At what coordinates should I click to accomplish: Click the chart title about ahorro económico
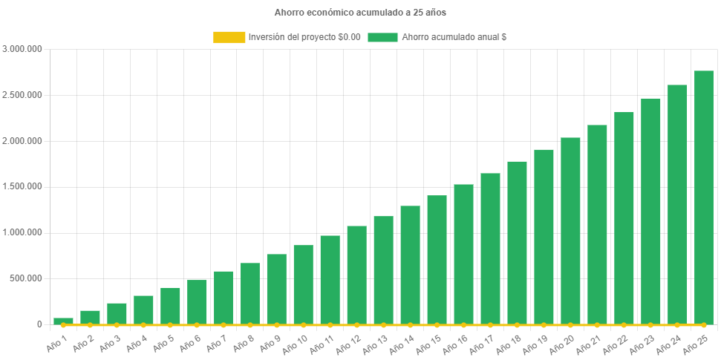(360, 13)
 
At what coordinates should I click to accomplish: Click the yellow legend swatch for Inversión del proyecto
(229, 36)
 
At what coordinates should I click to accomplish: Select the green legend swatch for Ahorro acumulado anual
(382, 36)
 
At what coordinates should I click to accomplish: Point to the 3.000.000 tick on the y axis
(22, 49)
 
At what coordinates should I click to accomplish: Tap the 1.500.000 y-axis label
(22, 186)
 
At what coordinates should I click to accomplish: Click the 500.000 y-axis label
(27, 278)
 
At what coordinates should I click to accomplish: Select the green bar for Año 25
(703, 197)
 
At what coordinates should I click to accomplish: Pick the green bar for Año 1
(63, 321)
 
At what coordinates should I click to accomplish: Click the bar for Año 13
(383, 270)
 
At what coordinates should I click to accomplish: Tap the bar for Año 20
(570, 231)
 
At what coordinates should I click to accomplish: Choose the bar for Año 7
(224, 298)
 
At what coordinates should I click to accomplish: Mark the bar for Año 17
(490, 249)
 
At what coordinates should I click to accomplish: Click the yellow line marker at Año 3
(117, 325)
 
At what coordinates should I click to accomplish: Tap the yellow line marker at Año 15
(437, 325)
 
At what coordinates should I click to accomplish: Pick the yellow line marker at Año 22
(624, 325)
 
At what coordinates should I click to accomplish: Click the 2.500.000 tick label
(22, 95)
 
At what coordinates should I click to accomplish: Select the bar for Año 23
(650, 212)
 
